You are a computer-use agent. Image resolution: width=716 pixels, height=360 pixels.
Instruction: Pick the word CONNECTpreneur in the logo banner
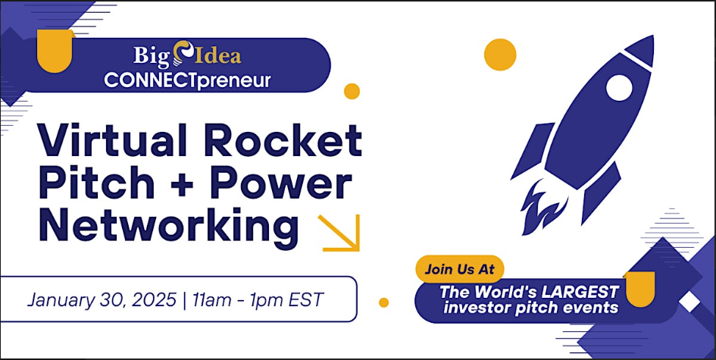[187, 80]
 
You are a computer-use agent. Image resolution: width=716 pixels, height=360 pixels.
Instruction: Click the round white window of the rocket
[619, 88]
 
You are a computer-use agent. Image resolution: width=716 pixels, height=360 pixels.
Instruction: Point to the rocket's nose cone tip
[653, 36]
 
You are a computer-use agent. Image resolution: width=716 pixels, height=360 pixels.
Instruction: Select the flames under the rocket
[543, 207]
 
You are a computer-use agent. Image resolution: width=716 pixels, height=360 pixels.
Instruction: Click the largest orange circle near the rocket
[500, 55]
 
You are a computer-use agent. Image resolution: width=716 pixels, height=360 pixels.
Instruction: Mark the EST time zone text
[306, 300]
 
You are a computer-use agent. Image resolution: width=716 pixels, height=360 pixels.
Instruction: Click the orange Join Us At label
[459, 268]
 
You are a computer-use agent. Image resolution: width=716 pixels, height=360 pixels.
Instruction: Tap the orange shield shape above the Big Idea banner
[55, 50]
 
